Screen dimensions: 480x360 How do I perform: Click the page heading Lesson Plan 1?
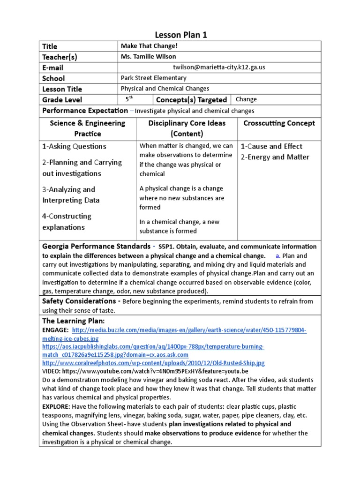[180, 35]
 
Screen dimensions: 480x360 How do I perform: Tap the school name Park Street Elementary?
[153, 78]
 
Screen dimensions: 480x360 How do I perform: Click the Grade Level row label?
[62, 100]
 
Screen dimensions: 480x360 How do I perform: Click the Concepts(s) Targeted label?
[191, 100]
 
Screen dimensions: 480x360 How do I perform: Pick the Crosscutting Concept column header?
[279, 123]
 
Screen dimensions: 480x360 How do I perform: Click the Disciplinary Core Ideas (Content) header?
[187, 128]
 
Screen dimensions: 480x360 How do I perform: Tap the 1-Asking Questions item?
[74, 146]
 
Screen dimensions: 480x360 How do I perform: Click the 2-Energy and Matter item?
[275, 157]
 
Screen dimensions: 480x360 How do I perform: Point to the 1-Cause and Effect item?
[271, 146]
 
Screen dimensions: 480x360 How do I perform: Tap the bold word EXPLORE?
[56, 406]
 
